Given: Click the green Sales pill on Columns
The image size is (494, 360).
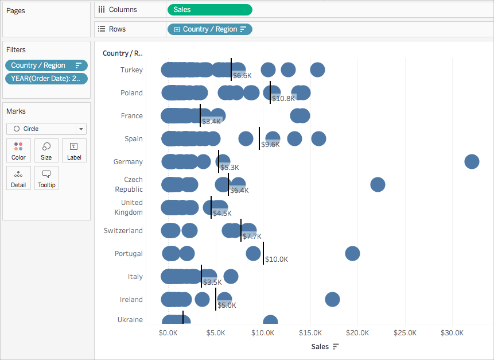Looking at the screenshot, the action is point(210,10).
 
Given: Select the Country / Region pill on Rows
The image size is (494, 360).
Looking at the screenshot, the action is point(210,29).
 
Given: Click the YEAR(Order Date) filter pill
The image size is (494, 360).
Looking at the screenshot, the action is point(46,79).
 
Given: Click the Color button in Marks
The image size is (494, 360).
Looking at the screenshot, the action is point(18,150).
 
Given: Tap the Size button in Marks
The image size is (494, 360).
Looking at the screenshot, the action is point(46,150).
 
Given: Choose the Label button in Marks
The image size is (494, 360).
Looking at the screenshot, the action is point(74,150).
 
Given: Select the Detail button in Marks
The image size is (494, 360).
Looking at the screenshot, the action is point(18,178).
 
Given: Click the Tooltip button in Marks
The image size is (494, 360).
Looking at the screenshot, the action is point(46,178).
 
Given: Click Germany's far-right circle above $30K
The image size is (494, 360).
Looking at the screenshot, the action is point(472,162).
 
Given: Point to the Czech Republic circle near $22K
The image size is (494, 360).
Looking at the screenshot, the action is point(378,184).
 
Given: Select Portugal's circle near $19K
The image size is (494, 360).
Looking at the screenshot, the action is point(352,253).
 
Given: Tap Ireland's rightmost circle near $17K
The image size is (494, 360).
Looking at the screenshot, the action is point(332,300).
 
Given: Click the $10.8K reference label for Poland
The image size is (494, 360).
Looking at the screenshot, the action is point(283,99).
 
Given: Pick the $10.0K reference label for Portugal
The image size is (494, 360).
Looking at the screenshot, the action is point(277,260).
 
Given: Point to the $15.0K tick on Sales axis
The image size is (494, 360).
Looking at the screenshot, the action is point(310,333).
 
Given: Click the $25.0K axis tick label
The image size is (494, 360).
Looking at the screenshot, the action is point(405,333).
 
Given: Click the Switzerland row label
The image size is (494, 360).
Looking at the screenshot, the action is point(123,231).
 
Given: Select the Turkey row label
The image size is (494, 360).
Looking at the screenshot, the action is point(131,70).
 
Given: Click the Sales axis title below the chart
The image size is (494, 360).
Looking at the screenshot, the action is point(320,347).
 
